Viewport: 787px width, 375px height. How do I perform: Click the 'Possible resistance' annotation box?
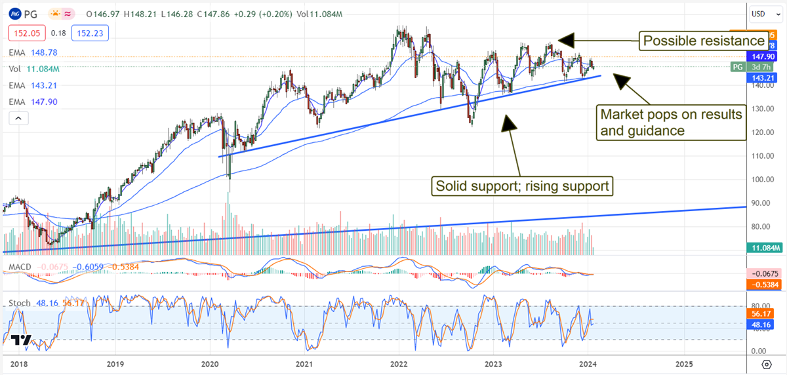click(x=704, y=41)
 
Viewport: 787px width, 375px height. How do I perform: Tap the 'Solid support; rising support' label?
click(x=523, y=186)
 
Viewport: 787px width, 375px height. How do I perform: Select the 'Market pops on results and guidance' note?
click(x=671, y=122)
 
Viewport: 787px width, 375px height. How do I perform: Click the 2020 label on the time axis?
click(x=210, y=364)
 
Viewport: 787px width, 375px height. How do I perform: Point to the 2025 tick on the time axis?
click(x=683, y=364)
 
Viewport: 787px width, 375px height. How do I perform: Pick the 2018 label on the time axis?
click(x=20, y=364)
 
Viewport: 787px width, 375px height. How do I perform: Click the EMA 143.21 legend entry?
click(x=30, y=85)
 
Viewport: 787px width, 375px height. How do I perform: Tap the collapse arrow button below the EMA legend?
click(x=18, y=118)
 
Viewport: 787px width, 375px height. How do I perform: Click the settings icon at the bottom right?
click(x=766, y=364)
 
